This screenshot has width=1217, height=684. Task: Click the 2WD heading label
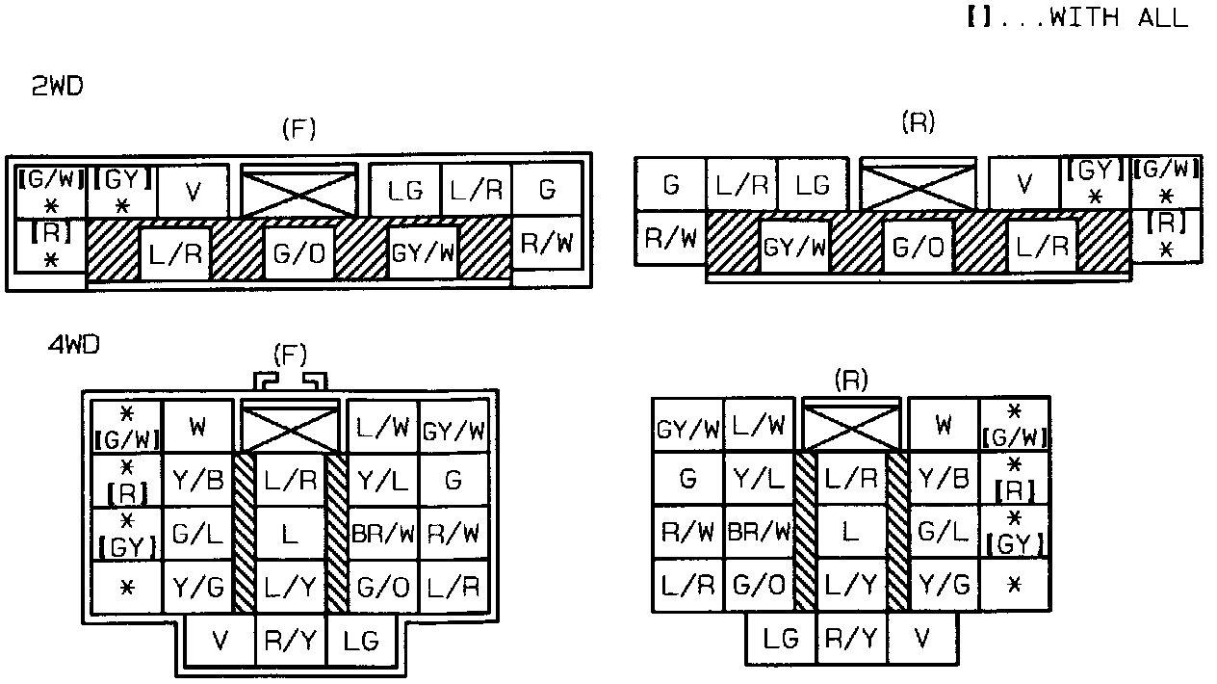tap(58, 87)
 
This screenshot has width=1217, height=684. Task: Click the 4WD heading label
tap(74, 344)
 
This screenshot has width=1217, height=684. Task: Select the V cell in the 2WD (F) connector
tap(193, 191)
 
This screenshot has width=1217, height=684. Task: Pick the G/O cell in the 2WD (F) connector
tap(298, 254)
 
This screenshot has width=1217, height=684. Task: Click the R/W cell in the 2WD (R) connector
tap(670, 237)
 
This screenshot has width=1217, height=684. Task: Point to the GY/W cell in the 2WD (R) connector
tap(794, 247)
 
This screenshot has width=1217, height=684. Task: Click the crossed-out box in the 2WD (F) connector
tap(298, 191)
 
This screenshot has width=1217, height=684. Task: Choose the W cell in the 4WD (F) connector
tap(198, 427)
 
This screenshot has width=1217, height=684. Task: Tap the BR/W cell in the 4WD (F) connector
tap(382, 533)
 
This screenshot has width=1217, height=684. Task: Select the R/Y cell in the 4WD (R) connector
tap(851, 638)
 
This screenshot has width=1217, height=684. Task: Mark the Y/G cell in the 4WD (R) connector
tap(944, 583)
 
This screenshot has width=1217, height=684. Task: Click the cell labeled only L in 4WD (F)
tap(290, 533)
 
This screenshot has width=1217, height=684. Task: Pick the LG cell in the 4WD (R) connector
tap(782, 638)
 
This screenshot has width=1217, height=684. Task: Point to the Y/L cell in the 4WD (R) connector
tap(759, 477)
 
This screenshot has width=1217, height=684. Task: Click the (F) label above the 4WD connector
tap(290, 355)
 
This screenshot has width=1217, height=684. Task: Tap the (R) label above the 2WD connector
tap(918, 122)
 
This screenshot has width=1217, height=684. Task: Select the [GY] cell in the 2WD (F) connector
tap(122, 191)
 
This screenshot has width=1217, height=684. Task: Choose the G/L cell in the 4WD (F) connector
tap(198, 533)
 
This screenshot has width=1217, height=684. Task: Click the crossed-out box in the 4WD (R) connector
tap(851, 425)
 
